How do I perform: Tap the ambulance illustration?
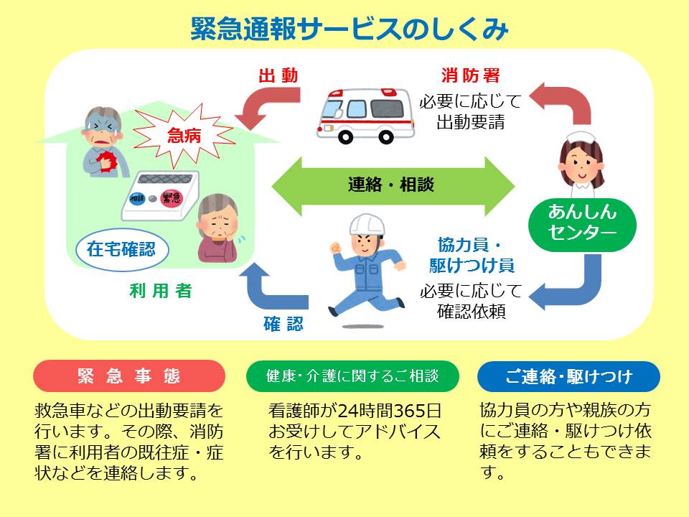tap(365, 113)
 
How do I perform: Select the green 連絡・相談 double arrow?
tap(393, 185)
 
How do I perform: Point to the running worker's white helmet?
tap(367, 225)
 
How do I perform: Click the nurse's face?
tap(581, 163)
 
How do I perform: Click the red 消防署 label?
tap(470, 75)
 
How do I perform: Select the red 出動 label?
tap(278, 76)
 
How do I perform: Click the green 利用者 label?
tap(161, 292)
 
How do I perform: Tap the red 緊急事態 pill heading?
tap(129, 376)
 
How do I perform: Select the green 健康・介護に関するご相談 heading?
tap(352, 376)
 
